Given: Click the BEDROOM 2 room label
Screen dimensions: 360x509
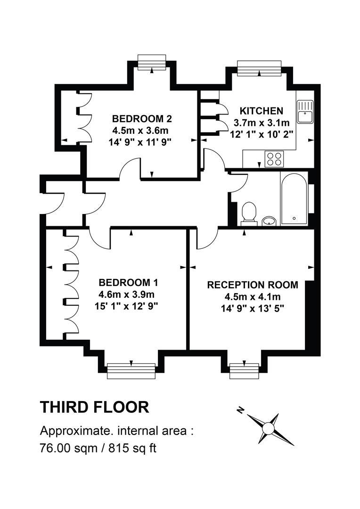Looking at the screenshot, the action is (x=142, y=118).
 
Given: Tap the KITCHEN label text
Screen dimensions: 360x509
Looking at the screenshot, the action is (x=262, y=111).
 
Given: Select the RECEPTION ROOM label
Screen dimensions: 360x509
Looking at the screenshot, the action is (x=253, y=285).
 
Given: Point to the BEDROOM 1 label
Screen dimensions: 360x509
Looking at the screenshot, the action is (x=129, y=283).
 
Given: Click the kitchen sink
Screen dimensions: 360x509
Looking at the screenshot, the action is (x=304, y=111).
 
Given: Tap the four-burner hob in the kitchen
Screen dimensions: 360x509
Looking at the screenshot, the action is (x=274, y=159).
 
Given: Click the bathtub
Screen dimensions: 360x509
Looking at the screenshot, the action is (x=294, y=198).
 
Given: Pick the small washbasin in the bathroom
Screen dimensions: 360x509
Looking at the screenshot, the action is (x=269, y=221).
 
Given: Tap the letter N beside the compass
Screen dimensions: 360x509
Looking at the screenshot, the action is (x=240, y=410).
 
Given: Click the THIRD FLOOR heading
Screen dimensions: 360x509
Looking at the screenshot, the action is (x=94, y=407).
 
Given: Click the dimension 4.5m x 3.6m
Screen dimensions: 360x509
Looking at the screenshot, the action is (x=140, y=131).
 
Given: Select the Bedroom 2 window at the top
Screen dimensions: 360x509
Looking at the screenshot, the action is (x=152, y=62).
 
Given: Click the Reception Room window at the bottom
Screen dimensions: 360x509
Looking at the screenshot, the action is (x=244, y=371).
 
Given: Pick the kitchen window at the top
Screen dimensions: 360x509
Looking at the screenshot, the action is (x=259, y=68).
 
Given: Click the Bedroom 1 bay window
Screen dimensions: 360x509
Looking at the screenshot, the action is (x=131, y=371).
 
